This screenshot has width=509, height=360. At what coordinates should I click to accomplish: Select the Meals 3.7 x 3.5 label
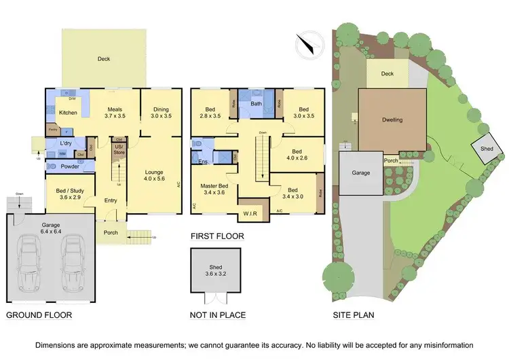coord(114,112)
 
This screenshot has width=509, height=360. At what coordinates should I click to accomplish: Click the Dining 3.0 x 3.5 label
coord(160,112)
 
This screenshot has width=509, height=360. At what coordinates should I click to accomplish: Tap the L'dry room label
coord(66,143)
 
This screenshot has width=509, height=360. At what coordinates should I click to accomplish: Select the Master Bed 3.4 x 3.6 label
coord(214,190)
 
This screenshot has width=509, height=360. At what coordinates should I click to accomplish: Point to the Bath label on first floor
coord(256,104)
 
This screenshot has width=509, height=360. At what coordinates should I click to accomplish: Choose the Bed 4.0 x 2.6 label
coord(296,154)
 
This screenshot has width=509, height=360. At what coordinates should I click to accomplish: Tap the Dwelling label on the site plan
coord(392,120)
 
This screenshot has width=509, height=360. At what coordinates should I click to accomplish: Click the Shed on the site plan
coord(487,148)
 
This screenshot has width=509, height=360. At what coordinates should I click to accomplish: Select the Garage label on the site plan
coord(361,173)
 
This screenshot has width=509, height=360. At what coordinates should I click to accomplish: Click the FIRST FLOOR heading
coord(217,237)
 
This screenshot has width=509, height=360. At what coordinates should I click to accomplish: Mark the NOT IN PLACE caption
coord(218,315)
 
